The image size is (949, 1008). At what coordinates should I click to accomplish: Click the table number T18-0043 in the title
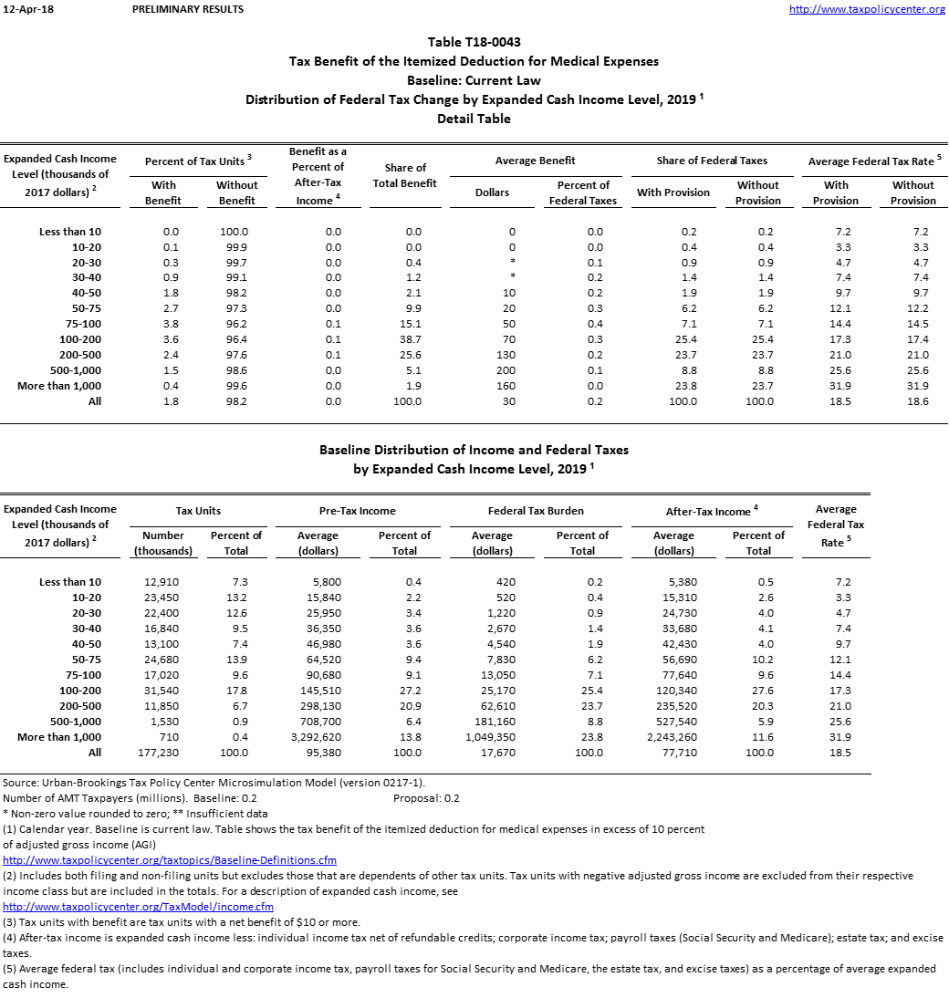(474, 42)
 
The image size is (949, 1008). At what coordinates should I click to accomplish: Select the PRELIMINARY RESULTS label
(188, 9)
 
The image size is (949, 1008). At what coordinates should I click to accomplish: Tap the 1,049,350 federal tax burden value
(490, 737)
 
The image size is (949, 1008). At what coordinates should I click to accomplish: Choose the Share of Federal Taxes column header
(712, 161)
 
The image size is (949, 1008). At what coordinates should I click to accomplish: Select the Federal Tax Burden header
(536, 511)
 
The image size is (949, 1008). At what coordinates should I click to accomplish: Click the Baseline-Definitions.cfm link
(170, 860)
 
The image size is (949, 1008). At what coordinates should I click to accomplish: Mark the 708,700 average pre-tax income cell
(318, 722)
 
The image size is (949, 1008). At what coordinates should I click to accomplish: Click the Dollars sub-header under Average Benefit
(492, 192)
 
